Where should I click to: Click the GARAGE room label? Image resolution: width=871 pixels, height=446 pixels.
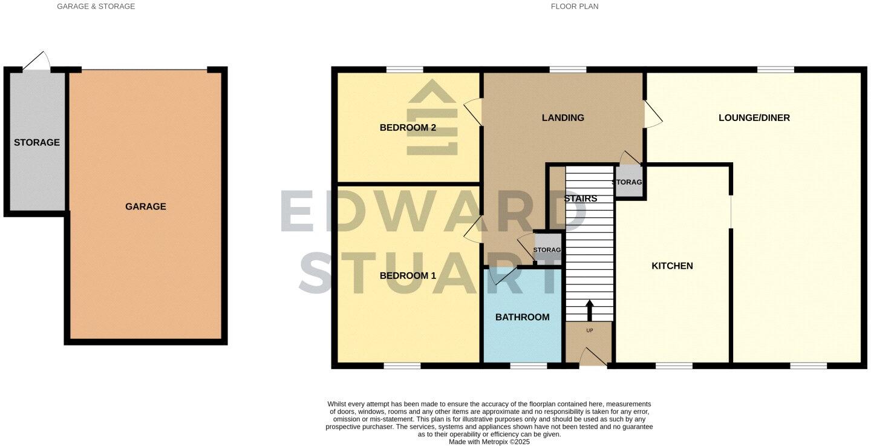point(145,206)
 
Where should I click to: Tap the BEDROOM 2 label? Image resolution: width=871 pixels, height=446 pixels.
point(408,128)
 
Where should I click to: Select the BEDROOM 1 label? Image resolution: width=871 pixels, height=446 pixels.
point(408,276)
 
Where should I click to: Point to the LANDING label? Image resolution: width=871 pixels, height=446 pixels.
point(563,118)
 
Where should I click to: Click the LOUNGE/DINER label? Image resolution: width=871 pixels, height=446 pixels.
point(754,118)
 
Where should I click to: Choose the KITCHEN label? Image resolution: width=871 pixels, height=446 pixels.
point(672,266)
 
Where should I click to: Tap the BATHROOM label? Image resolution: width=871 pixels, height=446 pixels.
point(522,317)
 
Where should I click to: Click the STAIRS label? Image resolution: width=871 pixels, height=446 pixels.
point(580,198)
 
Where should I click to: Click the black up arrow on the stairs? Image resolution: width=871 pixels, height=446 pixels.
point(590,310)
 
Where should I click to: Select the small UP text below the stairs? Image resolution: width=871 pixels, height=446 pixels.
point(589,331)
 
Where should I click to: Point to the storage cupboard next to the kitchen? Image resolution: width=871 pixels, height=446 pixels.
point(628,182)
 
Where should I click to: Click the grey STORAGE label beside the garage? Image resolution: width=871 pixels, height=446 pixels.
point(37,143)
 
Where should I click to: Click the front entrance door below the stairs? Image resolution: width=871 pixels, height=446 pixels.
point(593,359)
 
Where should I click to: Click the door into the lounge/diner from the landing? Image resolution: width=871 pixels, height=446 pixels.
point(652,114)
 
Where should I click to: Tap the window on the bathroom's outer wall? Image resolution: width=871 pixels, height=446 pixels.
point(527,366)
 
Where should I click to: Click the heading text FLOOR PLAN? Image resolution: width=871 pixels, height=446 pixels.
point(574,7)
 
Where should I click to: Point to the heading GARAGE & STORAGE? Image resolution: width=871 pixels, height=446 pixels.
point(96,7)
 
